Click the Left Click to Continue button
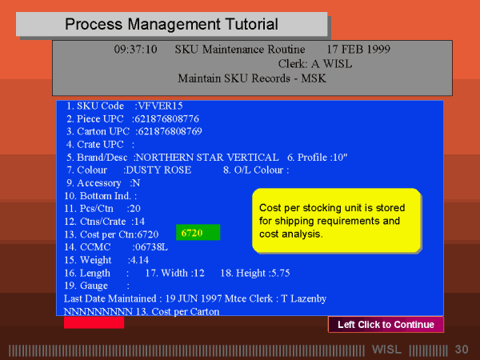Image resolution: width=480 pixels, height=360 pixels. pos(386,325)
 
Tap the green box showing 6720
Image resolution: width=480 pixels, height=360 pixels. pos(198,232)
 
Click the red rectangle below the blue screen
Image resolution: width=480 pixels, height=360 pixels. pos(94,322)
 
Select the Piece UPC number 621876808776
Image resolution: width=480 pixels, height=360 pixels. pos(167,118)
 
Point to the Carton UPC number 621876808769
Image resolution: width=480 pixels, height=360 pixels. pos(170,131)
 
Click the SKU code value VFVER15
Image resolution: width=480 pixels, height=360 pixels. pos(161,106)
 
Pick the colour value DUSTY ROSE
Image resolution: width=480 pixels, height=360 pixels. pos(158,170)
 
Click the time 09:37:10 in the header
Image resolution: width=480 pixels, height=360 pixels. pos(136,50)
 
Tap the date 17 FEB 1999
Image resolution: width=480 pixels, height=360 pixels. pos(358,50)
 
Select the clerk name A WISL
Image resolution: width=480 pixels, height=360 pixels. pos(332,64)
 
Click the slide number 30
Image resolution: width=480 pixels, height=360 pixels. pos(462,350)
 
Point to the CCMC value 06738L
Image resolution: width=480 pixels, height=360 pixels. pos(151,247)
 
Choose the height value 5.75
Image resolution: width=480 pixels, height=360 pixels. pos(281,273)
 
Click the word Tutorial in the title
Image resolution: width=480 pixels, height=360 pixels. pos(252,24)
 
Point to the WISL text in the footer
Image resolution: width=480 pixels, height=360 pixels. pos(386,350)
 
